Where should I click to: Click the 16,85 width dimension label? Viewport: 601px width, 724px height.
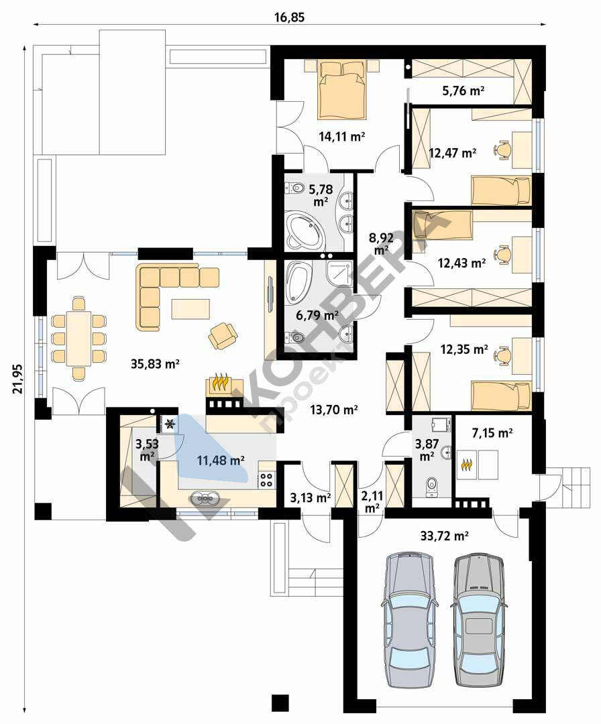tap(290, 17)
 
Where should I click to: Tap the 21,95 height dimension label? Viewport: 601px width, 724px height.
tap(17, 379)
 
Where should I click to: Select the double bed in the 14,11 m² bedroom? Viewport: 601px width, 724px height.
tap(342, 90)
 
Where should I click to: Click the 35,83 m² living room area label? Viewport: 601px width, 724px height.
tap(155, 364)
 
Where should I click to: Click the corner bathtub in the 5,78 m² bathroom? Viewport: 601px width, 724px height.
tap(305, 229)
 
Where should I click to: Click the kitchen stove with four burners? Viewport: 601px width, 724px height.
tap(266, 480)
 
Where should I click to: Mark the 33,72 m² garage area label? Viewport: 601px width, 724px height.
tap(445, 536)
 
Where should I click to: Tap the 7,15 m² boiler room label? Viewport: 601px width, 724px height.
tap(492, 432)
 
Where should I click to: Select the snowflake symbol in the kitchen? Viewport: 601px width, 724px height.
tap(170, 424)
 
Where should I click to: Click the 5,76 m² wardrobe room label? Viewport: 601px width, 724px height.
tap(463, 90)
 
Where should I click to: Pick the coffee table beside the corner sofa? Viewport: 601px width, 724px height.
tap(190, 309)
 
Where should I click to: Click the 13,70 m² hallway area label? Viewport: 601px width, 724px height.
tap(335, 409)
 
